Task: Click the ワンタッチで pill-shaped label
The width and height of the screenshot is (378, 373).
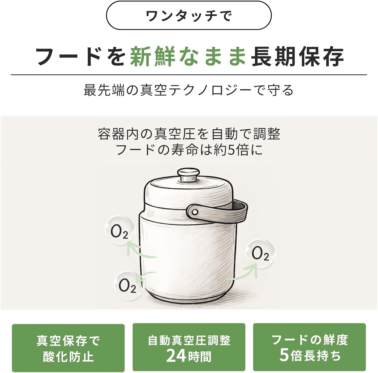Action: click(189, 16)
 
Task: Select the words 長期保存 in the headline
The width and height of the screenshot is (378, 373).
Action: click(297, 56)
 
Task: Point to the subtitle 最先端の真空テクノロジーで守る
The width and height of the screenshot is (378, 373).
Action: click(189, 90)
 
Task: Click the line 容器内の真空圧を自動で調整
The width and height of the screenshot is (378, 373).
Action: click(189, 134)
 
